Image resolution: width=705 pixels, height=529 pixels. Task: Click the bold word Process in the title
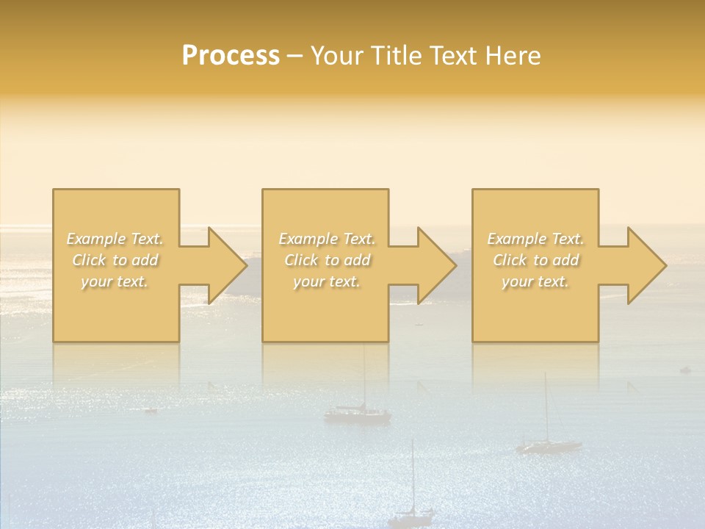click(x=231, y=56)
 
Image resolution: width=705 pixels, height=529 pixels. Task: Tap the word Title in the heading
click(x=397, y=56)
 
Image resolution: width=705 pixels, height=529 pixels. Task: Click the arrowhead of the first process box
click(x=226, y=265)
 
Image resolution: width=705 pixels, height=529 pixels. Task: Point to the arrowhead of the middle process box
click(x=436, y=265)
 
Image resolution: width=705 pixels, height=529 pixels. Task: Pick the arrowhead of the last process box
click(x=646, y=265)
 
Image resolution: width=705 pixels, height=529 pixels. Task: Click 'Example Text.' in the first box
click(x=115, y=239)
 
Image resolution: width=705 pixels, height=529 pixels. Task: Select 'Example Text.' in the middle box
click(x=326, y=239)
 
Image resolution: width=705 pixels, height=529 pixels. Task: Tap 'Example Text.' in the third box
click(x=535, y=239)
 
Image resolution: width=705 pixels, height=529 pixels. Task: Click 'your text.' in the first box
click(x=115, y=281)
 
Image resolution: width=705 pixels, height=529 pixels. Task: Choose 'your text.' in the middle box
click(x=326, y=281)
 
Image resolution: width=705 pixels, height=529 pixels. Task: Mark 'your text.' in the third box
click(x=535, y=281)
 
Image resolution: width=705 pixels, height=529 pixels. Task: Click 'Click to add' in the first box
click(x=115, y=260)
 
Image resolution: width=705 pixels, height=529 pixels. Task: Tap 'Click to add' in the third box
click(x=535, y=260)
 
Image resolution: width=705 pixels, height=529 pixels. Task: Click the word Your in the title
click(x=337, y=56)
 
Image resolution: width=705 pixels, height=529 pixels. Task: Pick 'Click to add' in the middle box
click(x=326, y=260)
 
